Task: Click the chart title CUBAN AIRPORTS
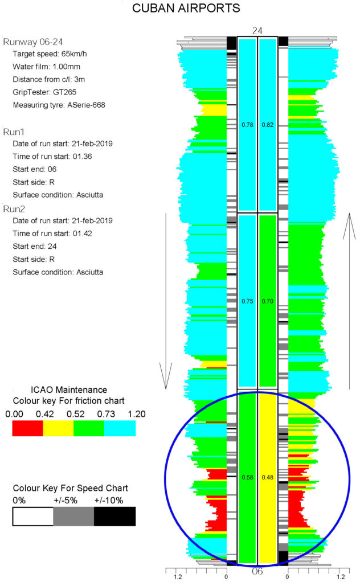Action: [186, 8]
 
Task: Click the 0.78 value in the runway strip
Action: [247, 125]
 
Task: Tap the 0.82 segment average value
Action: [267, 125]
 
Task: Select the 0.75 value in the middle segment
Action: [247, 301]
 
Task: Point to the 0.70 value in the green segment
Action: [267, 301]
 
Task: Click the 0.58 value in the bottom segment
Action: [247, 478]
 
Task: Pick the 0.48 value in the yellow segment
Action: [267, 478]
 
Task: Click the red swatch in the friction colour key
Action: [27, 428]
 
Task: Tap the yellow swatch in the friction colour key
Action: [59, 428]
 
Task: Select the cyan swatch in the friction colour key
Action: [120, 428]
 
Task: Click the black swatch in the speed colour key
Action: [114, 516]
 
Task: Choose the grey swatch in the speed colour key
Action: [73, 516]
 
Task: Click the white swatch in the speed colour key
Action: [33, 516]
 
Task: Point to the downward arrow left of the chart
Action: [166, 301]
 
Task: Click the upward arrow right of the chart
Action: [349, 301]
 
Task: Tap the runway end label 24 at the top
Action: [257, 31]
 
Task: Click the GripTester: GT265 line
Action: [44, 92]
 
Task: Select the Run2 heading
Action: [14, 209]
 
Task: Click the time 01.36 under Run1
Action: [82, 157]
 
